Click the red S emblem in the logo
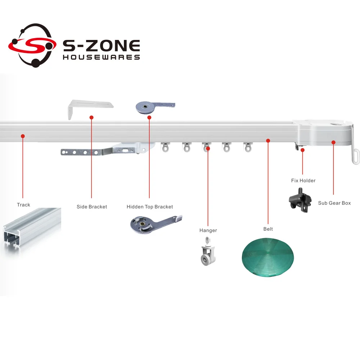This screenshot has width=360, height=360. [32, 45]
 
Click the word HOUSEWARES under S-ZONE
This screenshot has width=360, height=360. [101, 57]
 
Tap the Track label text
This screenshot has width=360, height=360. [23, 205]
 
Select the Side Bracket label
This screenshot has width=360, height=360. [92, 207]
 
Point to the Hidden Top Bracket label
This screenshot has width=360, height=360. [150, 207]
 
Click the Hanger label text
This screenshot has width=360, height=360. [208, 230]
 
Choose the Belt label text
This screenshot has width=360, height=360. [268, 229]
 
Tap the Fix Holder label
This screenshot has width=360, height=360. [303, 180]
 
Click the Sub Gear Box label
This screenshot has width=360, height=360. [334, 203]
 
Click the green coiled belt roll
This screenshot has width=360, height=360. [267, 256]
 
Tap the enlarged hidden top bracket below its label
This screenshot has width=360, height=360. [156, 224]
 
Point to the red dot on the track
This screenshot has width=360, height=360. [23, 136]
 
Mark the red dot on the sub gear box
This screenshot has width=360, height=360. [333, 143]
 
